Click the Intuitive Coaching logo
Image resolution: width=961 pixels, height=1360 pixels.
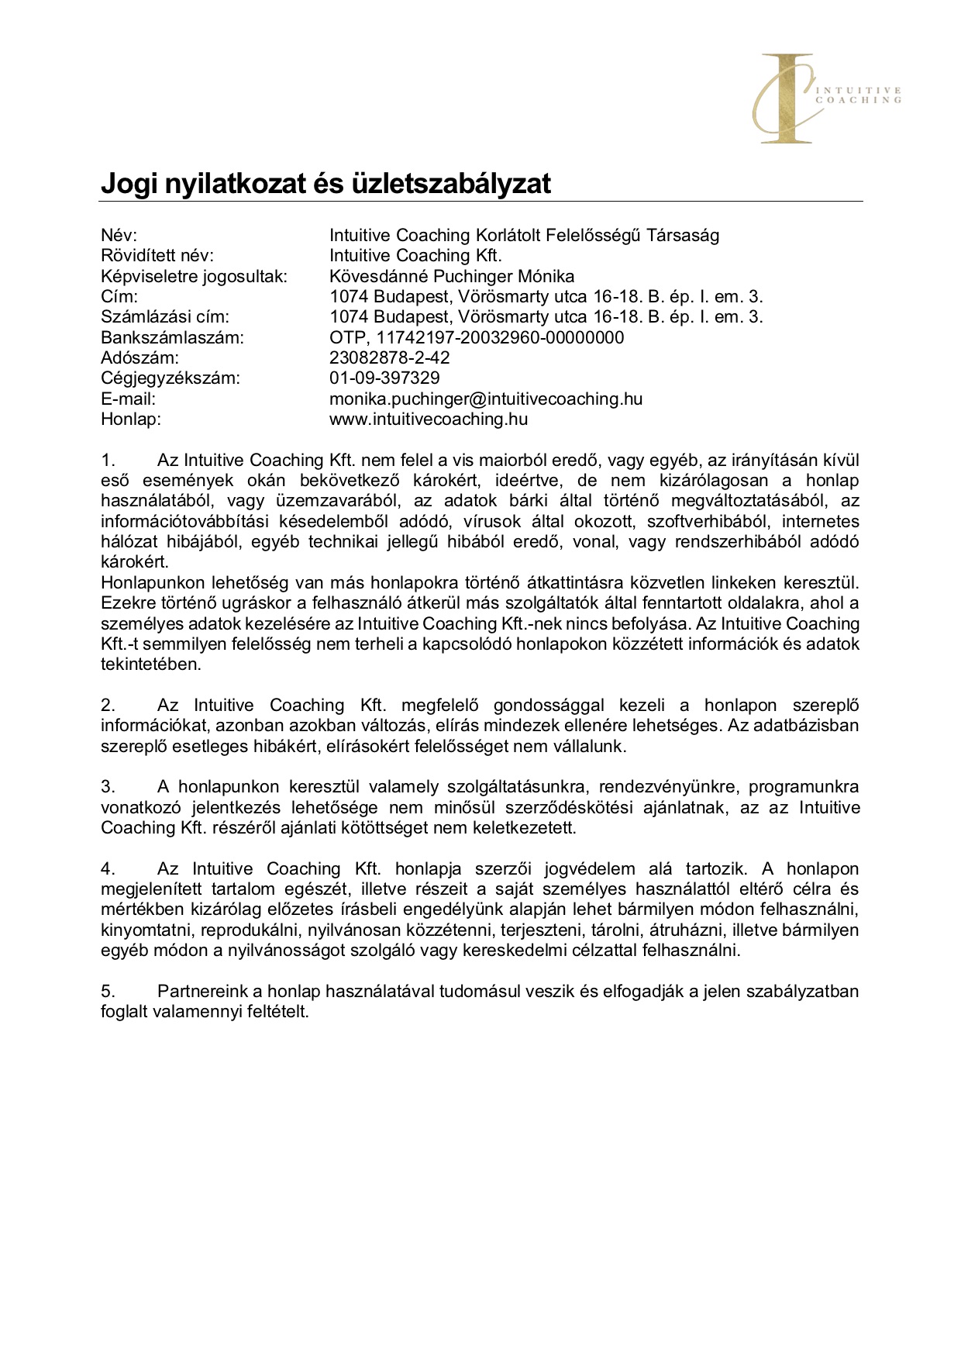tap(825, 98)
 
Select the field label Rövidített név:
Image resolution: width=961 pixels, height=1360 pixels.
tap(157, 255)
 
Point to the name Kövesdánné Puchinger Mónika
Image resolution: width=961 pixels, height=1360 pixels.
tap(452, 276)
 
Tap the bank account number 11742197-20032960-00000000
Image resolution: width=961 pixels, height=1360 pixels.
tap(500, 337)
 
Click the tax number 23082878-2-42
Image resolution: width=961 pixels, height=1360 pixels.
tap(390, 357)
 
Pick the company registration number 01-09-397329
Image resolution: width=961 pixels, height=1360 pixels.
tap(384, 378)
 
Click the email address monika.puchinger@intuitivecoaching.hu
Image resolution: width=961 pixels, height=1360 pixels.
tap(486, 399)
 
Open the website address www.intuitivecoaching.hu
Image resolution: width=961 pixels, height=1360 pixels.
tap(429, 419)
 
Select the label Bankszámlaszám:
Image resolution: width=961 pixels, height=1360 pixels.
tap(172, 337)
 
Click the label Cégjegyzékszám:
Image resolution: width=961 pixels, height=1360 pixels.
tap(170, 378)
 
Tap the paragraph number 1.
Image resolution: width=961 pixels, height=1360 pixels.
tap(108, 461)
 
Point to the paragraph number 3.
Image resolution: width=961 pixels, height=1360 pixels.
tap(108, 787)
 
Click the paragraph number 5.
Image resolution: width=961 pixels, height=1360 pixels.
tap(108, 991)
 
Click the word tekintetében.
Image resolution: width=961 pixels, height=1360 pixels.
tap(151, 664)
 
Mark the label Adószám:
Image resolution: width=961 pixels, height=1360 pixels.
tap(139, 357)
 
